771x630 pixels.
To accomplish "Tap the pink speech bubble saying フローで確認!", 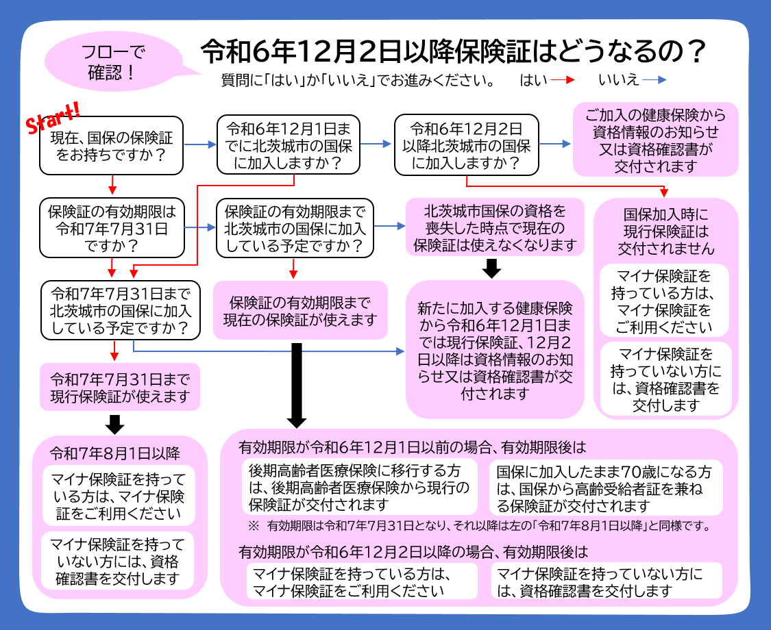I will [x=112, y=61].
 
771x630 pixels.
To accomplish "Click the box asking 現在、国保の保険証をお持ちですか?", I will [x=112, y=146].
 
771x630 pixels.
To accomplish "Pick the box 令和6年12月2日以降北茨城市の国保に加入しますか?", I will [x=466, y=145].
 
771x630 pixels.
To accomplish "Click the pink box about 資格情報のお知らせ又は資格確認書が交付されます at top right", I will [x=655, y=140].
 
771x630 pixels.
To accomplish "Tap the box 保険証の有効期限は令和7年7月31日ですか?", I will [x=112, y=227].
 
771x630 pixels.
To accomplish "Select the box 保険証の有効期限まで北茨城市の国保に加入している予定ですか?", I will [x=294, y=227].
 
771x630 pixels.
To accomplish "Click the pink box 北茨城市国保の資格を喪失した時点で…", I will [x=495, y=227].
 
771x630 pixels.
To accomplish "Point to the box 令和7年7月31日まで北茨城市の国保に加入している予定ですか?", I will [x=121, y=310].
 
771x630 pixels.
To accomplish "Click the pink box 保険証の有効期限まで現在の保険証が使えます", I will [x=299, y=310].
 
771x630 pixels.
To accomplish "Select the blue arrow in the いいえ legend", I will [x=654, y=80].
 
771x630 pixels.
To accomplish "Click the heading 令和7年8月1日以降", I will [x=115, y=453].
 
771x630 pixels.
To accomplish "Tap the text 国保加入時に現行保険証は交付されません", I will [x=665, y=231].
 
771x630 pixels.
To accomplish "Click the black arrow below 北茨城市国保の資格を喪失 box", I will [x=491, y=268].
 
